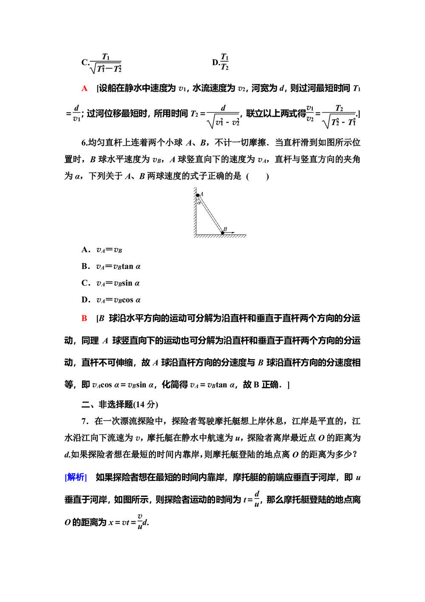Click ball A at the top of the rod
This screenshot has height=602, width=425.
click(x=198, y=195)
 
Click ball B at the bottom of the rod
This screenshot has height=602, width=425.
click(x=222, y=232)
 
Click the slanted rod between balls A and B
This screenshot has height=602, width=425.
click(x=210, y=214)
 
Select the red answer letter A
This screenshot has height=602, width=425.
click(x=85, y=89)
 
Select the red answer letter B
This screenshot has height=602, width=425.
click(x=85, y=318)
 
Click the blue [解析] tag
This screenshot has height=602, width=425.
click(x=76, y=477)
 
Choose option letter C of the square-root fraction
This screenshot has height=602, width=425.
click(x=84, y=63)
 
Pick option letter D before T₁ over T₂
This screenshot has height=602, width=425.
click(x=215, y=63)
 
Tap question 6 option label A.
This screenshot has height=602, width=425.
click(x=85, y=250)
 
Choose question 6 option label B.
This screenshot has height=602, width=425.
click(x=85, y=267)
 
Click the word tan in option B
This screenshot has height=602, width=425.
click(x=127, y=267)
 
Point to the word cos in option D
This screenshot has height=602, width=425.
click(x=127, y=300)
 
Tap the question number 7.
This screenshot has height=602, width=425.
click(x=84, y=421)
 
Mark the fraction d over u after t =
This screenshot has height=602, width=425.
click(x=257, y=499)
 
